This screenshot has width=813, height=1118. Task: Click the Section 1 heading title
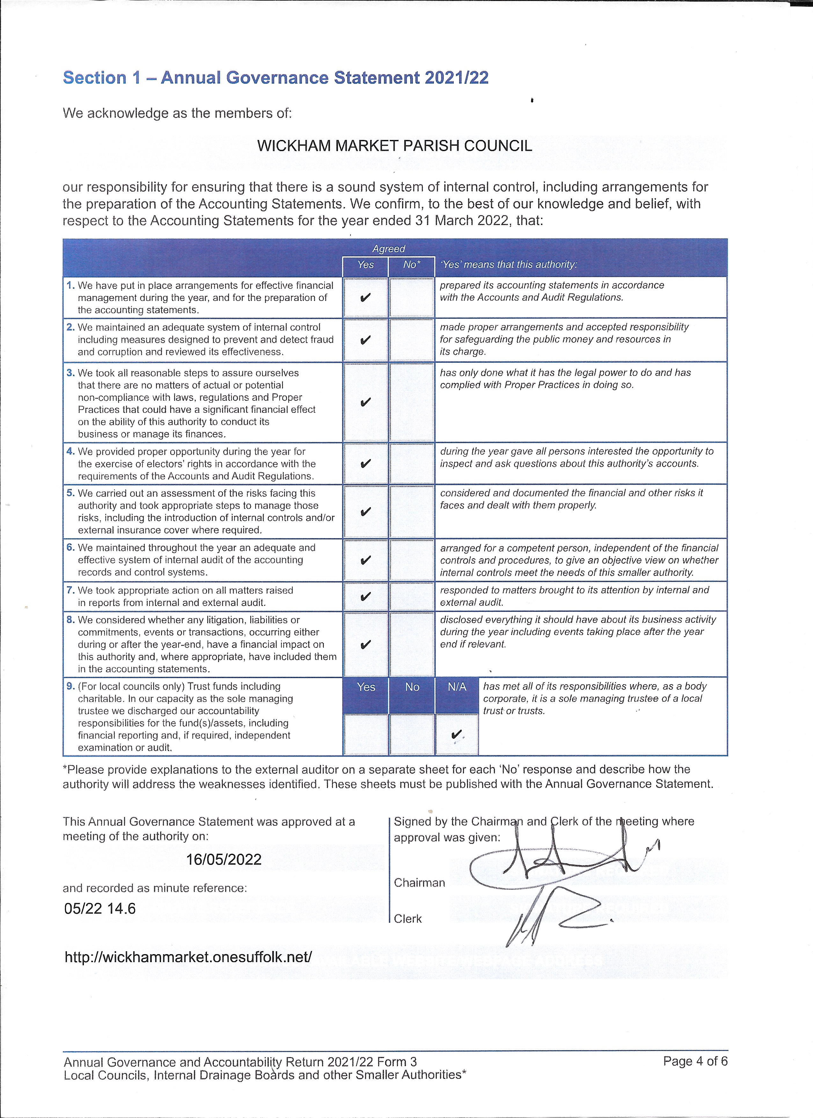[x=275, y=78]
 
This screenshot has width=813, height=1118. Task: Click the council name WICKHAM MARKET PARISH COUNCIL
[x=394, y=146]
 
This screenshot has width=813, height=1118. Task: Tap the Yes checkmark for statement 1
[x=365, y=298]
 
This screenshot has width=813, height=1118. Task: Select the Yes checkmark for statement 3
[x=365, y=402]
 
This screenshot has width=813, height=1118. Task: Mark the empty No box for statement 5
[x=411, y=511]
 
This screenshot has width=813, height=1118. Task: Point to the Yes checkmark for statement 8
[x=365, y=645]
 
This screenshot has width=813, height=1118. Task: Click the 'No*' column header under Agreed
[x=412, y=265]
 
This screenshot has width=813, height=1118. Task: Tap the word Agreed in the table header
[x=389, y=249]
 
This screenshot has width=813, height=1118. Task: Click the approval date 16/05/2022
[x=224, y=860]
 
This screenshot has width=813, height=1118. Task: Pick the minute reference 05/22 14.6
[x=100, y=909]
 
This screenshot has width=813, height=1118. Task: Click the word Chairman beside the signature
[x=419, y=883]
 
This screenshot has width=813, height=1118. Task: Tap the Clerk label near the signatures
[x=408, y=919]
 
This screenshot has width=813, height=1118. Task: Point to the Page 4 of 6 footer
[x=695, y=1061]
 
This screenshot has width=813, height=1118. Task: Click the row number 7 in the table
[x=70, y=590]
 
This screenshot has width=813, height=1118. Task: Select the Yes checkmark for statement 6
[x=365, y=560]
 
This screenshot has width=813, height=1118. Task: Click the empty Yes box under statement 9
[x=365, y=734]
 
